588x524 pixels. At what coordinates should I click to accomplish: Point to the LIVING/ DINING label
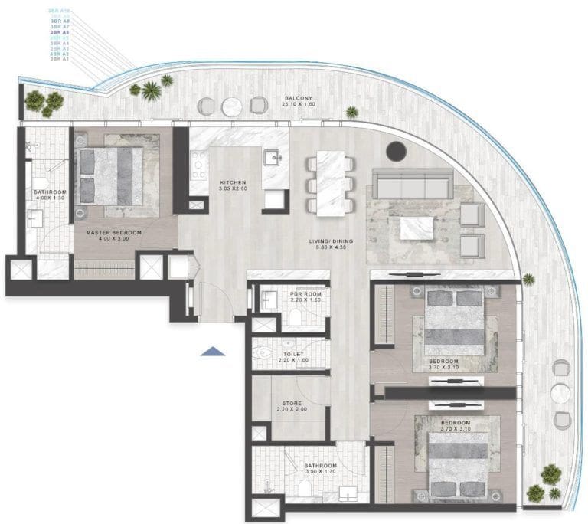pyautogui.click(x=332, y=242)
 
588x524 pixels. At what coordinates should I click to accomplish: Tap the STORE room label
pyautogui.click(x=292, y=403)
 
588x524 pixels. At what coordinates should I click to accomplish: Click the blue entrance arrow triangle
pyautogui.click(x=213, y=351)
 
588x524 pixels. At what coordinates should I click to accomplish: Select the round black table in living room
pyautogui.click(x=396, y=151)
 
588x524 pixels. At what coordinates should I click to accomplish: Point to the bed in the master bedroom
pyautogui.click(x=111, y=175)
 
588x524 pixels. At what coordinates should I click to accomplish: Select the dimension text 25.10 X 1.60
pyautogui.click(x=297, y=106)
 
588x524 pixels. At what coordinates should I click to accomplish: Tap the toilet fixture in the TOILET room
pyautogui.click(x=264, y=354)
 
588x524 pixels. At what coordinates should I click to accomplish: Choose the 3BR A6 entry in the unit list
pyautogui.click(x=60, y=33)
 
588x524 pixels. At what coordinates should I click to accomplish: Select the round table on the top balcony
pyautogui.click(x=232, y=106)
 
